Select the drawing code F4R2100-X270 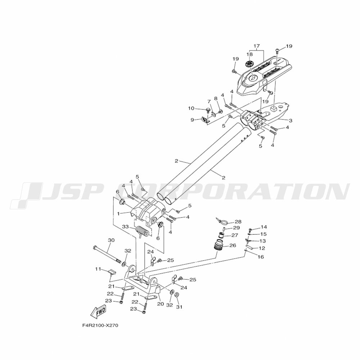pos(100,326)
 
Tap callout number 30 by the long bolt pos(111,240)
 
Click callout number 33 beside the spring pos(125,227)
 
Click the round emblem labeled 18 pos(248,64)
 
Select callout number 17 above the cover pos(256,46)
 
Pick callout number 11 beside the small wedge pos(98,269)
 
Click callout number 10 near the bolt pos(191,108)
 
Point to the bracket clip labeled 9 pos(206,120)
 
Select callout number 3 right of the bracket pos(290,120)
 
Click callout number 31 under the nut pos(179,307)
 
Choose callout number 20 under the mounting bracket pos(161,303)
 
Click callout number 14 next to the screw pos(264,227)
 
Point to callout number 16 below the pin pos(261,257)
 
